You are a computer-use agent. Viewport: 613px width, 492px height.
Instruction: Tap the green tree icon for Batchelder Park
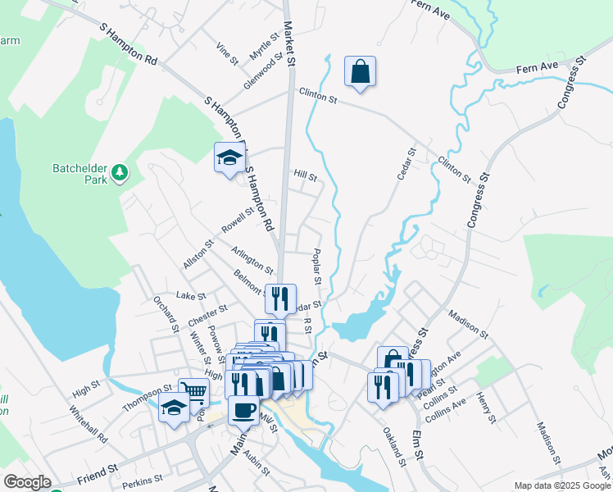point(121,171)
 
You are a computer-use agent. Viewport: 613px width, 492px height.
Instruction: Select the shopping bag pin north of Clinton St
point(360,71)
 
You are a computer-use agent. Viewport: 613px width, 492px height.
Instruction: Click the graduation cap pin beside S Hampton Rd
point(230,157)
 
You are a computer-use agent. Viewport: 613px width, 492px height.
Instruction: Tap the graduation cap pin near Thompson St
point(175,408)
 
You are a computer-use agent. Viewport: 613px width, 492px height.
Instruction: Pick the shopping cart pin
point(194,393)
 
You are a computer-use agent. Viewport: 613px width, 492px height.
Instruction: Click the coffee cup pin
point(243,409)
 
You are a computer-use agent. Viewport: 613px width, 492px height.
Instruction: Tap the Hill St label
point(305,175)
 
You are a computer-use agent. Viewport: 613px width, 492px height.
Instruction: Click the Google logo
point(27,481)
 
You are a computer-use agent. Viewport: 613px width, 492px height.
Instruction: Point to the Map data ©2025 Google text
point(562,485)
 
